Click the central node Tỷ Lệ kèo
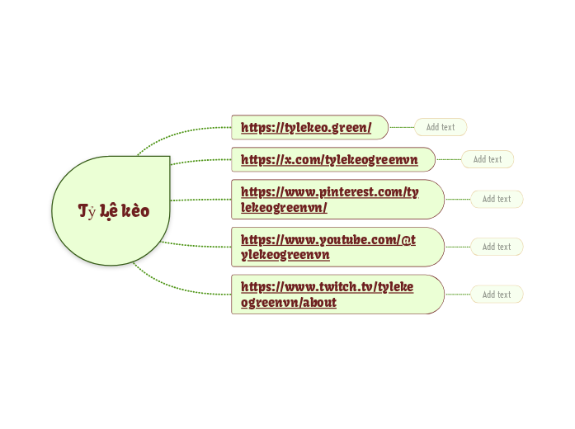coord(113,210)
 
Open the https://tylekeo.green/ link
coord(306,127)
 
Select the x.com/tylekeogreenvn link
coord(329,159)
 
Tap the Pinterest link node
coord(330,199)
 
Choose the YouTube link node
coord(328,247)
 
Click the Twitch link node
coord(328,295)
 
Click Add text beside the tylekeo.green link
coord(441,127)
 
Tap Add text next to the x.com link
coord(488,159)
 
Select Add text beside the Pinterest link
coord(497,199)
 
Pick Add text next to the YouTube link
coord(497,247)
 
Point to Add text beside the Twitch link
coord(497,295)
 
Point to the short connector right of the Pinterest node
coord(458,199)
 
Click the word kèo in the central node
coord(135,210)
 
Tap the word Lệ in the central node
coord(107,211)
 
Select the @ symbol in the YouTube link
coord(405,239)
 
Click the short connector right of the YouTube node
coord(458,247)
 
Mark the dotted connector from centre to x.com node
coord(202,160)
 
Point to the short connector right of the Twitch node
coord(458,295)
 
